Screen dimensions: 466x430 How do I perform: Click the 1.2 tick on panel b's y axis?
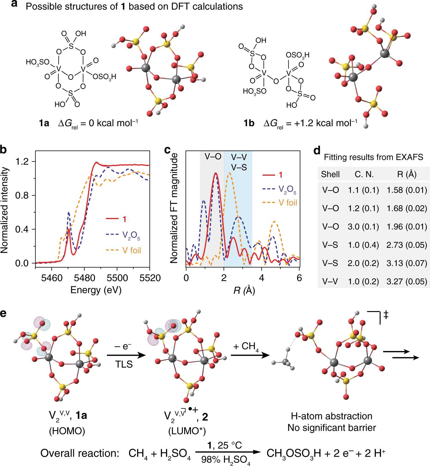[22, 162]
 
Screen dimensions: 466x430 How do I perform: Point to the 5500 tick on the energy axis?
[117, 278]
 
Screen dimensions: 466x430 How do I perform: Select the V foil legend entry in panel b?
[131, 250]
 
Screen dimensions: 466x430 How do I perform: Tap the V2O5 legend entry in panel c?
[287, 189]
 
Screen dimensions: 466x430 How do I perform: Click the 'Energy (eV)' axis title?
[96, 290]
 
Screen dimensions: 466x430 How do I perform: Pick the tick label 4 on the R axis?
[262, 278]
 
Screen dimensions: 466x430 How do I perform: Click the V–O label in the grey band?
[213, 157]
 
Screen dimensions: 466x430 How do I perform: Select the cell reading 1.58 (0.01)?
[407, 190]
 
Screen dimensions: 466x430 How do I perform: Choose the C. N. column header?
[364, 174]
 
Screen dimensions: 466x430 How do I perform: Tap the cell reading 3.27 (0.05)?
[407, 281]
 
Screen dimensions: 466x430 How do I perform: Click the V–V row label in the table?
[330, 281]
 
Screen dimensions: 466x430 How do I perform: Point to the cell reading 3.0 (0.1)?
[363, 227]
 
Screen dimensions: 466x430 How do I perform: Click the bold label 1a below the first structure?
[44, 123]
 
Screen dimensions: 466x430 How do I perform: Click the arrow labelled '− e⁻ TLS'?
[126, 355]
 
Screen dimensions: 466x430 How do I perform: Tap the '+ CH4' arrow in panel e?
[250, 355]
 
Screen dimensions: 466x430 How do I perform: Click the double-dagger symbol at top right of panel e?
[386, 315]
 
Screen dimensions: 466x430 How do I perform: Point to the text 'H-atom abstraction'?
[331, 416]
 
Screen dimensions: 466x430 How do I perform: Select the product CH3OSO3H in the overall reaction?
[294, 453]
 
